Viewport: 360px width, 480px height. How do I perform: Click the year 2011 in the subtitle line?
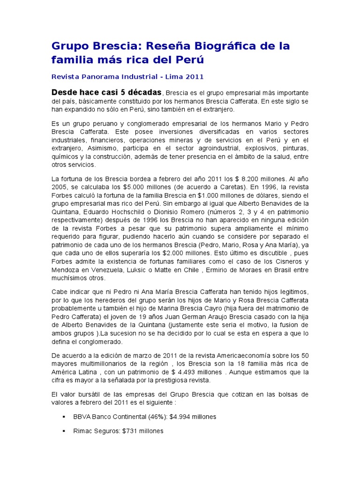[194, 77]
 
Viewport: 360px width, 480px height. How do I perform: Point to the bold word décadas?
[140, 92]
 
